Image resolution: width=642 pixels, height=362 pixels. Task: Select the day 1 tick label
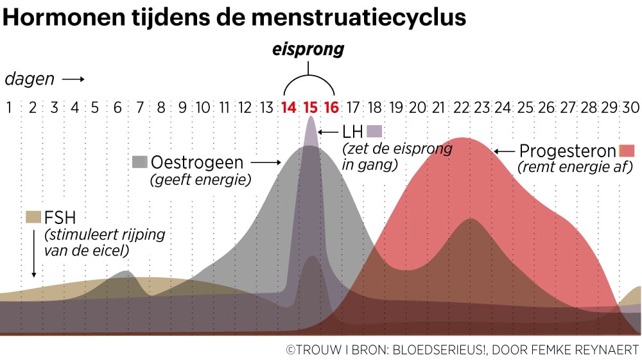pyautogui.click(x=9, y=107)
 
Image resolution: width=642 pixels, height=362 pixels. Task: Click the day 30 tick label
pyautogui.click(x=632, y=107)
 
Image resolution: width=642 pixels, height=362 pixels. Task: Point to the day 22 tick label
pyautogui.click(x=461, y=107)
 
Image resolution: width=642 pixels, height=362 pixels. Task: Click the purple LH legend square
pyautogui.click(x=374, y=131)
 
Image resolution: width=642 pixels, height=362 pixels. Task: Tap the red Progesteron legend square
pyautogui.click(x=627, y=151)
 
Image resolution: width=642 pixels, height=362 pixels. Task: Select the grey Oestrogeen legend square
pyautogui.click(x=139, y=161)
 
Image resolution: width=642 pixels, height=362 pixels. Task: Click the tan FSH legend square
pyautogui.click(x=33, y=216)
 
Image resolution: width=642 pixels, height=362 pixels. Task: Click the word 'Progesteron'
pyautogui.click(x=567, y=151)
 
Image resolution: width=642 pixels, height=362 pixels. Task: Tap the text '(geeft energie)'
pyautogui.click(x=200, y=180)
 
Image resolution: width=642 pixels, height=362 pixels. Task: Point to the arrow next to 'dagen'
pyautogui.click(x=73, y=80)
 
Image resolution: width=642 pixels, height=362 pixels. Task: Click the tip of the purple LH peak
pyautogui.click(x=311, y=117)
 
